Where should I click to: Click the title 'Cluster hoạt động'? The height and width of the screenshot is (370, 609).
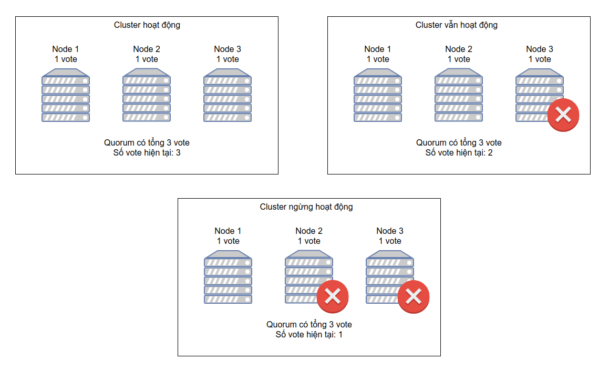pyautogui.click(x=147, y=25)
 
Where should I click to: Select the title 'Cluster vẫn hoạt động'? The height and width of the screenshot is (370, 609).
pyautogui.click(x=457, y=25)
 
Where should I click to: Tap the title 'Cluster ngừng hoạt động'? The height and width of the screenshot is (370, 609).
pyautogui.click(x=306, y=207)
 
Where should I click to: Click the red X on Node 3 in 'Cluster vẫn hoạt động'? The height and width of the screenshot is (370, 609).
pyautogui.click(x=563, y=115)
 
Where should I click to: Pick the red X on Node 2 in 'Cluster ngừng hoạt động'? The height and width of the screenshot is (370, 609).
pyautogui.click(x=333, y=296)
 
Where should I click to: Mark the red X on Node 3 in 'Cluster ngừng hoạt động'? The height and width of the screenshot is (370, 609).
pyautogui.click(x=414, y=296)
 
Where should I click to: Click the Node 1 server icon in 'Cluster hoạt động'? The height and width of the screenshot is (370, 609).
pyautogui.click(x=66, y=95)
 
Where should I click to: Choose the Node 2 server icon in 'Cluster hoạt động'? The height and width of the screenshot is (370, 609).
pyautogui.click(x=147, y=95)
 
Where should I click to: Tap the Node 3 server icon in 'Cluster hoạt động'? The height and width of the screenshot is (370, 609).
pyautogui.click(x=228, y=95)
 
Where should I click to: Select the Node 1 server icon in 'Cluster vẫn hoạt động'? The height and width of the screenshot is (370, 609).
pyautogui.click(x=377, y=95)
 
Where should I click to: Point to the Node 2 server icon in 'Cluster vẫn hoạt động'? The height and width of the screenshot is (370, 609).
pyautogui.click(x=459, y=95)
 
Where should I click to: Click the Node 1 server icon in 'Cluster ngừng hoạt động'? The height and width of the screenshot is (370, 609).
pyautogui.click(x=228, y=277)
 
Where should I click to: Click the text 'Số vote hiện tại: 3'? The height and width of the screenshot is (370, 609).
pyautogui.click(x=147, y=153)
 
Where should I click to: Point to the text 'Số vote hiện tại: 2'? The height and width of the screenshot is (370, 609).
pyautogui.click(x=459, y=153)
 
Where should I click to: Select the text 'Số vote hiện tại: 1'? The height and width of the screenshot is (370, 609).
pyautogui.click(x=309, y=335)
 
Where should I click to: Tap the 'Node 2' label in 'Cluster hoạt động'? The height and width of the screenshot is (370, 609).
pyautogui.click(x=147, y=49)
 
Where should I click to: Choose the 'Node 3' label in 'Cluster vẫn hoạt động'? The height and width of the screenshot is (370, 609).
pyautogui.click(x=540, y=49)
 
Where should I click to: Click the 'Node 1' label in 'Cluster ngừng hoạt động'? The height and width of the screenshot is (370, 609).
pyautogui.click(x=228, y=231)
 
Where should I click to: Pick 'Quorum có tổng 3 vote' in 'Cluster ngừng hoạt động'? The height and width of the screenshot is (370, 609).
pyautogui.click(x=309, y=324)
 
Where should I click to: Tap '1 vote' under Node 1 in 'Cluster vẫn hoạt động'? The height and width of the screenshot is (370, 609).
pyautogui.click(x=377, y=59)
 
